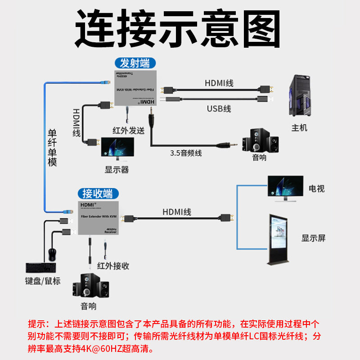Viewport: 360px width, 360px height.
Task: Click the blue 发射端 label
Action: click(135, 63)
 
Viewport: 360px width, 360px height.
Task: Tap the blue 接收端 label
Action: click(98, 194)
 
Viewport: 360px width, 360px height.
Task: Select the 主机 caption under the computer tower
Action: click(299, 128)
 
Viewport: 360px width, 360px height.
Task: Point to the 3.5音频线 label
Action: click(186, 153)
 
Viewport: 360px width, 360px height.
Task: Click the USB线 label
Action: click(219, 108)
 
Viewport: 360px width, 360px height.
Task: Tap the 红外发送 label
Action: click(128, 130)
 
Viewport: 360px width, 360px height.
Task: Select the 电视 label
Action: click(316, 189)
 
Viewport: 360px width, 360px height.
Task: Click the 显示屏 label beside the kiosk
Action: click(314, 238)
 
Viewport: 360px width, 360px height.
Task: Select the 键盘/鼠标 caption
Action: click(43, 281)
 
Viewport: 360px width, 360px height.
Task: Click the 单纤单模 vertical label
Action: click(53, 148)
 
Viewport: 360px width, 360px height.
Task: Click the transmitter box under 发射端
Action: click(134, 88)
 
